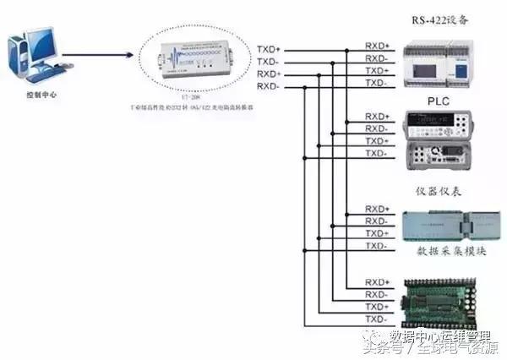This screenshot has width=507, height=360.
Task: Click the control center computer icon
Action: (34, 58)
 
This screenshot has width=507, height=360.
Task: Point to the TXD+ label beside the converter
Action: (268, 49)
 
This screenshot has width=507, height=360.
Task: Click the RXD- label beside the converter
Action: (268, 86)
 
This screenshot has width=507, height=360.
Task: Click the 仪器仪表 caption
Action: (439, 192)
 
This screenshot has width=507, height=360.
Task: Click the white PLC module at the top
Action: (443, 63)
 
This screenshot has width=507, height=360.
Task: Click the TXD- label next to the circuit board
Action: (376, 319)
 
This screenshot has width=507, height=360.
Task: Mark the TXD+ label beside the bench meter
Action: (376, 141)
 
